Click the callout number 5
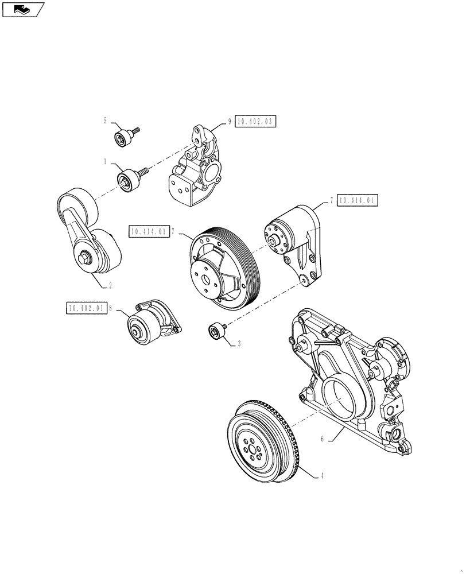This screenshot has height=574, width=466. (105, 121)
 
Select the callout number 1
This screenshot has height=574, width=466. (105, 162)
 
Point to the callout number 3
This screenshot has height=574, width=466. (239, 344)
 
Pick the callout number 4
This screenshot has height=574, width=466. (323, 476)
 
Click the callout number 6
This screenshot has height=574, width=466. (323, 439)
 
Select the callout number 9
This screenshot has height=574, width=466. (229, 121)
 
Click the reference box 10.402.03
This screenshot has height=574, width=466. (255, 121)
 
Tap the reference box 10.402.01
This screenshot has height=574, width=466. (86, 308)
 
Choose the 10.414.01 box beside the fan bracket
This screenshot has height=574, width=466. (358, 200)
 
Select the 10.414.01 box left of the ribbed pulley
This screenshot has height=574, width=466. (149, 232)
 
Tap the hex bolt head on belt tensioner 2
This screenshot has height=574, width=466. (84, 261)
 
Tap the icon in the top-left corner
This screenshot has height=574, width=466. (22, 9)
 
